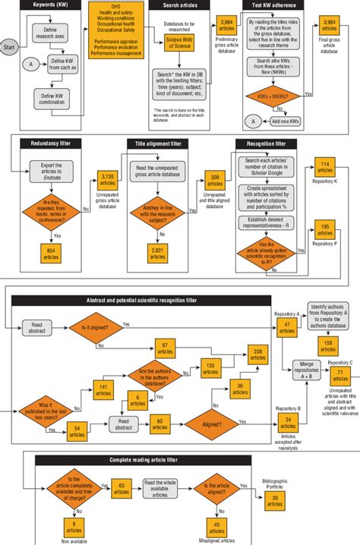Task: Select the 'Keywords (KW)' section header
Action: tap(46, 5)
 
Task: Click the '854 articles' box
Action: tap(52, 254)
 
